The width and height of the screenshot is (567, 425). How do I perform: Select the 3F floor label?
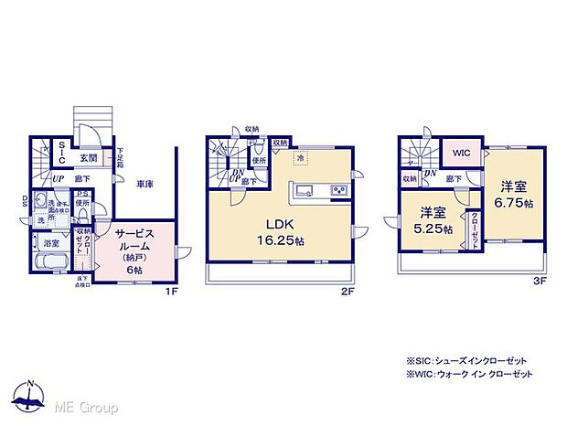(x=540, y=282)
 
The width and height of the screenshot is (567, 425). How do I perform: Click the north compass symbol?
(x=29, y=397)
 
